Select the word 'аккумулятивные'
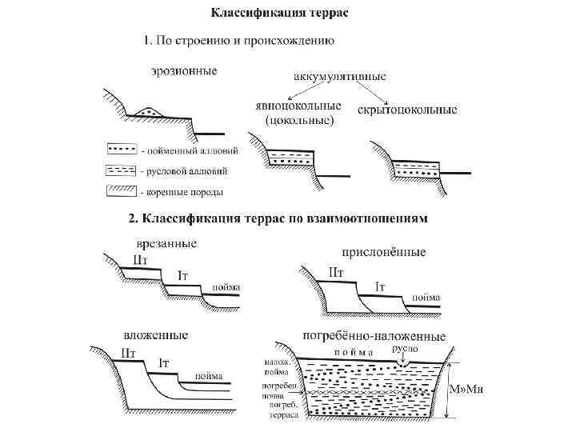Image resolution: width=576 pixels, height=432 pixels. [x=339, y=78]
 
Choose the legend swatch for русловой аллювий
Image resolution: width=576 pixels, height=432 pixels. [x=122, y=170]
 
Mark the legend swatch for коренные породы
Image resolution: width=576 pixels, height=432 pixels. [x=122, y=191]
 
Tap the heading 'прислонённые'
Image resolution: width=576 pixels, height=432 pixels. [x=384, y=252]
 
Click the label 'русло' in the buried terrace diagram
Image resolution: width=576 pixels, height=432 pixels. [x=405, y=350]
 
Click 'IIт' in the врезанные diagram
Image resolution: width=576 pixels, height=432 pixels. [x=141, y=261]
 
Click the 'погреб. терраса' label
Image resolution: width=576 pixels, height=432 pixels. [x=283, y=410]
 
